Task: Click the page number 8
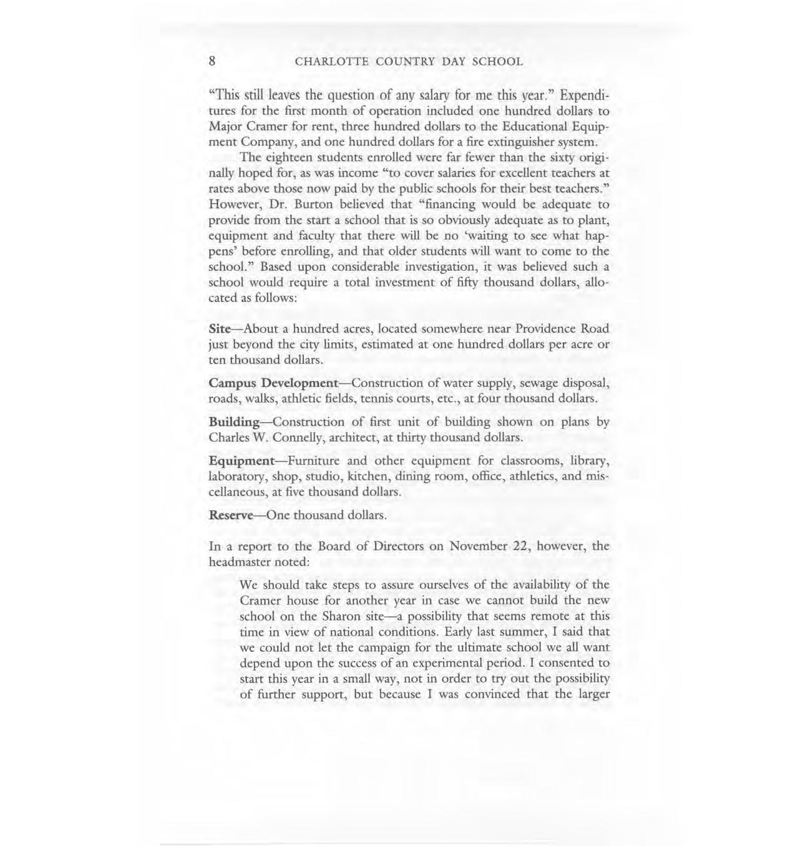[x=213, y=61]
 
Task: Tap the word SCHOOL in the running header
[x=497, y=62]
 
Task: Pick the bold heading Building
[x=234, y=422]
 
